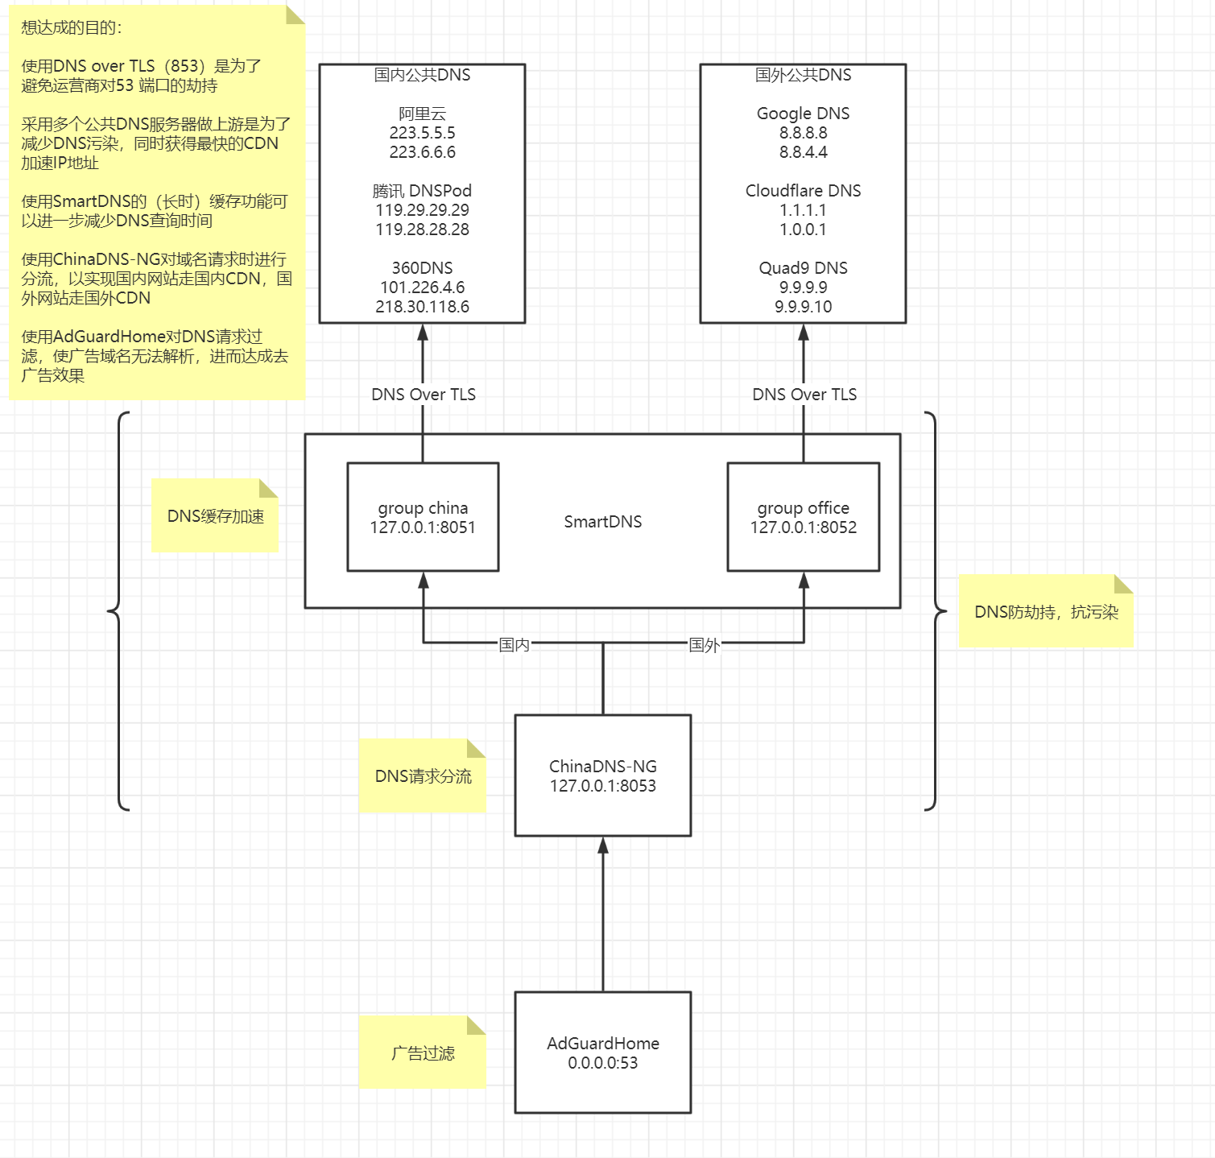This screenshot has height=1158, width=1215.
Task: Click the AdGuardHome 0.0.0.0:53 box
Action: click(602, 1053)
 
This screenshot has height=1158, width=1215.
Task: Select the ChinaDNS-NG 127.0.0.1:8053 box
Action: click(602, 775)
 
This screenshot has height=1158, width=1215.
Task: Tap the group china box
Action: click(423, 517)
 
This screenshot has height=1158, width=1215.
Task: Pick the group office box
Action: click(803, 517)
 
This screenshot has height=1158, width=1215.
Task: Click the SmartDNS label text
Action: click(602, 522)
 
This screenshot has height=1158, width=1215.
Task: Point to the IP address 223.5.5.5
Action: click(422, 133)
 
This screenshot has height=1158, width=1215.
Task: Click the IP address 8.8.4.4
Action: click(803, 152)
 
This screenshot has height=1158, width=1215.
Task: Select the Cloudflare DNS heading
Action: click(803, 191)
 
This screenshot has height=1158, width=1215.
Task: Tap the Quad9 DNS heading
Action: click(803, 268)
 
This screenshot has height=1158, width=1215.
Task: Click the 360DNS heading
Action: click(422, 268)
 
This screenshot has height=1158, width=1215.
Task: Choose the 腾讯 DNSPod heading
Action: click(422, 191)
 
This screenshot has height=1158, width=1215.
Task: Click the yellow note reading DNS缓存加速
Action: click(215, 516)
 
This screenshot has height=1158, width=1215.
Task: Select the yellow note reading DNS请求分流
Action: click(423, 776)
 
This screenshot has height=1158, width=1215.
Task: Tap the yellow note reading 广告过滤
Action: click(423, 1053)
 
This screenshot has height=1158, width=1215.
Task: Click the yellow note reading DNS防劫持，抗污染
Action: click(1046, 612)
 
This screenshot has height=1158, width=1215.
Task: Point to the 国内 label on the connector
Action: click(514, 644)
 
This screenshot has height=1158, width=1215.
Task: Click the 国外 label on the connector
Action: click(704, 644)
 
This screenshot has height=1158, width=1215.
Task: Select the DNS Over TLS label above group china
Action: click(423, 395)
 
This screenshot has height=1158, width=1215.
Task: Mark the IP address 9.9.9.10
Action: click(803, 307)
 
